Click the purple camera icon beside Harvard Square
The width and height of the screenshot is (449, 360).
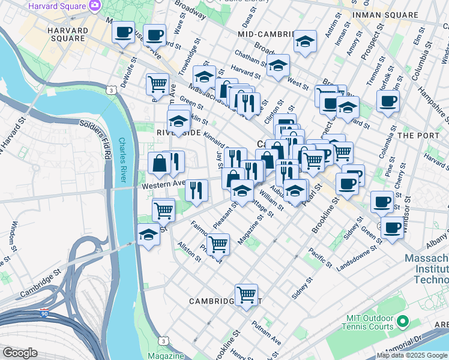95,5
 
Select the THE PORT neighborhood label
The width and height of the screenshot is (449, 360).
419,136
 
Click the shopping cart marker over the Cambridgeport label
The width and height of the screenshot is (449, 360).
246,295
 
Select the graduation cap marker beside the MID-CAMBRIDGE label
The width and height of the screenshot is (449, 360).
305,41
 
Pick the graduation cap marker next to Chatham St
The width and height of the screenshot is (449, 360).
278,66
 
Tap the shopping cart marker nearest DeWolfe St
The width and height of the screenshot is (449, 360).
157,84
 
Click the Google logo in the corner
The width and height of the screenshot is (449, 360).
20,353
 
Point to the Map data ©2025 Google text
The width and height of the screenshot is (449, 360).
412,355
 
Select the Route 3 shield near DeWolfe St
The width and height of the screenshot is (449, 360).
112,90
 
